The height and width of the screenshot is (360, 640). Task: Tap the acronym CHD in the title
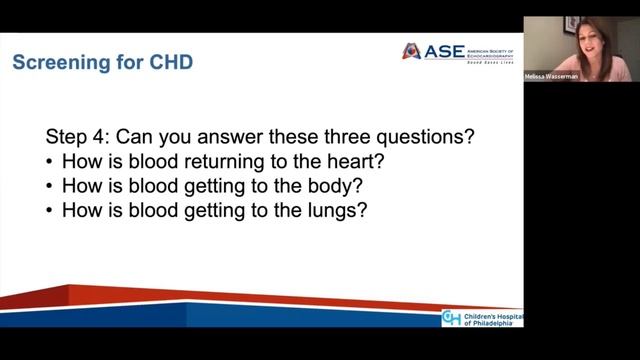click(x=166, y=63)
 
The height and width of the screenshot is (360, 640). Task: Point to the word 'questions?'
click(x=420, y=137)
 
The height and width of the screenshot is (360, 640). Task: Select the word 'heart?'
click(x=342, y=161)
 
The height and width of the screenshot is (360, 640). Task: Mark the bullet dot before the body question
click(x=50, y=186)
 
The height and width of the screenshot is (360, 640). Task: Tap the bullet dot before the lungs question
click(x=50, y=211)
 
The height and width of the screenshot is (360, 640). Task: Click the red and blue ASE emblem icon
click(x=411, y=51)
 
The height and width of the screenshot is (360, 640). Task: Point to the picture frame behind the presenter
click(x=571, y=24)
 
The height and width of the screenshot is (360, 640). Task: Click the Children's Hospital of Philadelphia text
click(x=492, y=319)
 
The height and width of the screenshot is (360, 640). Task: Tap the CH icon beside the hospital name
click(x=452, y=319)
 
